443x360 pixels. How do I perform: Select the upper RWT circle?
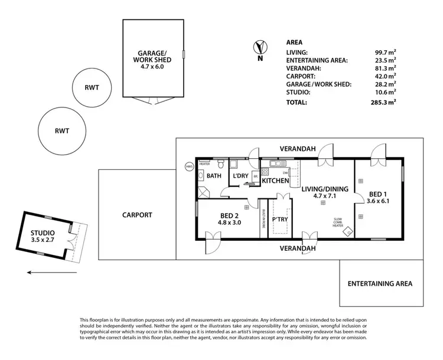(x=91, y=87)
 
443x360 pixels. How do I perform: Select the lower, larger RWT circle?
(x=63, y=130)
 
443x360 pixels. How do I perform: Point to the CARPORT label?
(x=136, y=215)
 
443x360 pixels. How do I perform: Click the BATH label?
(x=214, y=176)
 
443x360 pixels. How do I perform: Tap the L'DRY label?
(x=240, y=176)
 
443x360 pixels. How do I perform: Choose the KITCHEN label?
(x=275, y=181)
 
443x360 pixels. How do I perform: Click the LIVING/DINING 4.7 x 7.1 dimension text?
(x=325, y=197)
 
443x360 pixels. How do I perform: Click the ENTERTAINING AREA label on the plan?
(x=380, y=283)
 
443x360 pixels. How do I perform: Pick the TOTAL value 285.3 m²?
(x=384, y=102)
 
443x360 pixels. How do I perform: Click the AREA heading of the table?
(x=294, y=43)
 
